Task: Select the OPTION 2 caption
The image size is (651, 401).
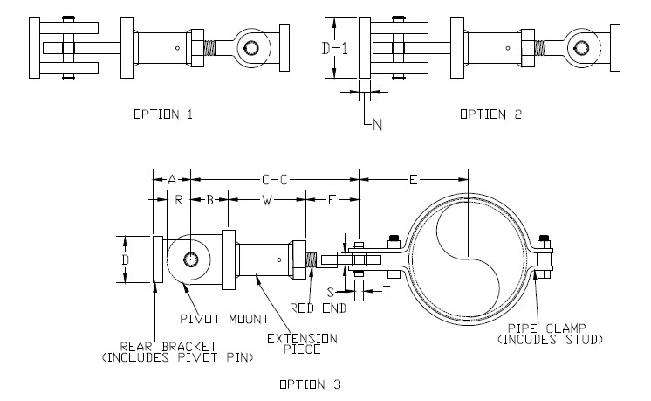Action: tap(490, 114)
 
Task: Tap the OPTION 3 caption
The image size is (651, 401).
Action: tap(310, 384)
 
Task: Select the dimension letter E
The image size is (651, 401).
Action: tap(413, 179)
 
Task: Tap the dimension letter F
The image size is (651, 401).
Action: tap(332, 200)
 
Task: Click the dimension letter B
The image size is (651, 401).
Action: tap(209, 200)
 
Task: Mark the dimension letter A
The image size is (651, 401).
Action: tap(172, 179)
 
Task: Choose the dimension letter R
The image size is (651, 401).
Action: tap(177, 200)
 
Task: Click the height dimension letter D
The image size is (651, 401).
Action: tap(126, 259)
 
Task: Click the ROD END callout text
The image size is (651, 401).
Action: tap(318, 307)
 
